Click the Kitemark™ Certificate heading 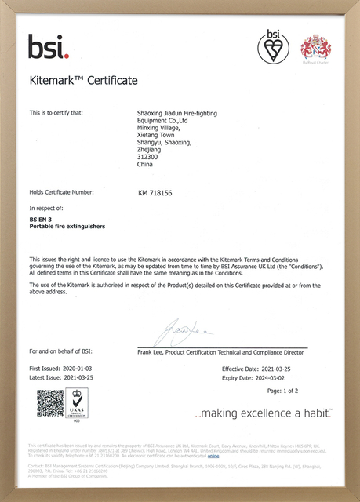click(83, 81)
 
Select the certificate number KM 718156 click(157, 191)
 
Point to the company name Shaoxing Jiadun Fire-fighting click(176, 113)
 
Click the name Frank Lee click(151, 352)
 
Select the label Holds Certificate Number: click(61, 191)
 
